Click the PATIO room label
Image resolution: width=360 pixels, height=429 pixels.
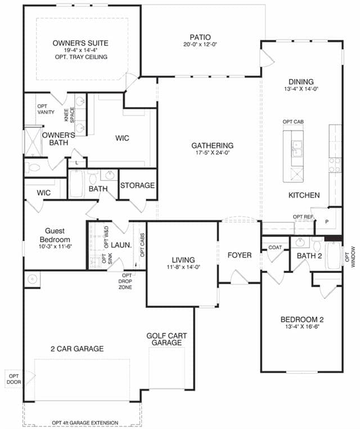click(x=200, y=37)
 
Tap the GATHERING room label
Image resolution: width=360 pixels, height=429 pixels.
click(x=213, y=146)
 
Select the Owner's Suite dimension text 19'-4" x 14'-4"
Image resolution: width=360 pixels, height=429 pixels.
click(x=80, y=50)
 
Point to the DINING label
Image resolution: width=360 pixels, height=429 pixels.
click(x=301, y=82)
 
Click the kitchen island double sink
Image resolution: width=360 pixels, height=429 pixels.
click(x=297, y=149)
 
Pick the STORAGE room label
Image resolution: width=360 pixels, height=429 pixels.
click(x=137, y=185)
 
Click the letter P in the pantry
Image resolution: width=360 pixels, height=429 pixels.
click(x=327, y=222)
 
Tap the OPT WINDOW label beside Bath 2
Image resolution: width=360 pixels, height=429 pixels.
click(x=350, y=257)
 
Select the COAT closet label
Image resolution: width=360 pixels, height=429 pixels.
click(x=275, y=247)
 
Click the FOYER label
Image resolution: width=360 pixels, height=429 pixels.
click(x=240, y=255)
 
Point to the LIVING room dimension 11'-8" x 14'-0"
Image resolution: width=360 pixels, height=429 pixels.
click(x=183, y=267)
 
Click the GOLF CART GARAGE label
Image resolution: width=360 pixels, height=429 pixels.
click(x=166, y=339)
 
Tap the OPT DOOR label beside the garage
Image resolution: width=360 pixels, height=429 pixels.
click(x=13, y=379)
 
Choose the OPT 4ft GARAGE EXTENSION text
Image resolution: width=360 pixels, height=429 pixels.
click(x=85, y=422)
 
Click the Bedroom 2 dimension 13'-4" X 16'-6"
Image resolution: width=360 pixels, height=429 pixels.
click(x=302, y=327)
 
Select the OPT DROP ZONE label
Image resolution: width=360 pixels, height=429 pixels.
click(x=125, y=281)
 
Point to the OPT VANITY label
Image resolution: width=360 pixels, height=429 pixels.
click(x=46, y=109)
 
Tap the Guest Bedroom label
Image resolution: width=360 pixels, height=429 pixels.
click(x=55, y=235)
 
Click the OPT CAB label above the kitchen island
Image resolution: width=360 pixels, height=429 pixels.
click(x=293, y=122)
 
